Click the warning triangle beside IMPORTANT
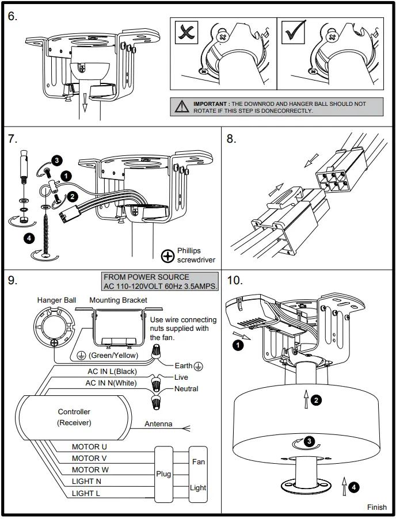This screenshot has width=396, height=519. coord(182,106)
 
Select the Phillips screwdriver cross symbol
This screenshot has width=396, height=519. coord(167,255)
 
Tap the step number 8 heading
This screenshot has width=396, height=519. coord(232,139)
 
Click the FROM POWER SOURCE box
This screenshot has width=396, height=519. coord(161,282)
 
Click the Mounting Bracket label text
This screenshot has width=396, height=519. coord(118,300)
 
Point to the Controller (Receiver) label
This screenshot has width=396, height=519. coord(74,417)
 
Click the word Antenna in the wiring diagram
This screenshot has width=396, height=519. coord(158,424)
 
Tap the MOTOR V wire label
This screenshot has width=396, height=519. coord(89,458)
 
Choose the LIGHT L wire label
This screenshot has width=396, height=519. coord(86,493)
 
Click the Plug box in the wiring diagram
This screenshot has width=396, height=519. coord(163,474)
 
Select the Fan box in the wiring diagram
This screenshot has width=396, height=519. coord(198,461)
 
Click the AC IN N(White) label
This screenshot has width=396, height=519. coord(111,383)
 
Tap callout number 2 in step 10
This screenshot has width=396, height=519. coord(317,399)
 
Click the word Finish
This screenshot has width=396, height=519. coord(377,507)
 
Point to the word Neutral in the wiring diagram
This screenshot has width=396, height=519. coord(186,389)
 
